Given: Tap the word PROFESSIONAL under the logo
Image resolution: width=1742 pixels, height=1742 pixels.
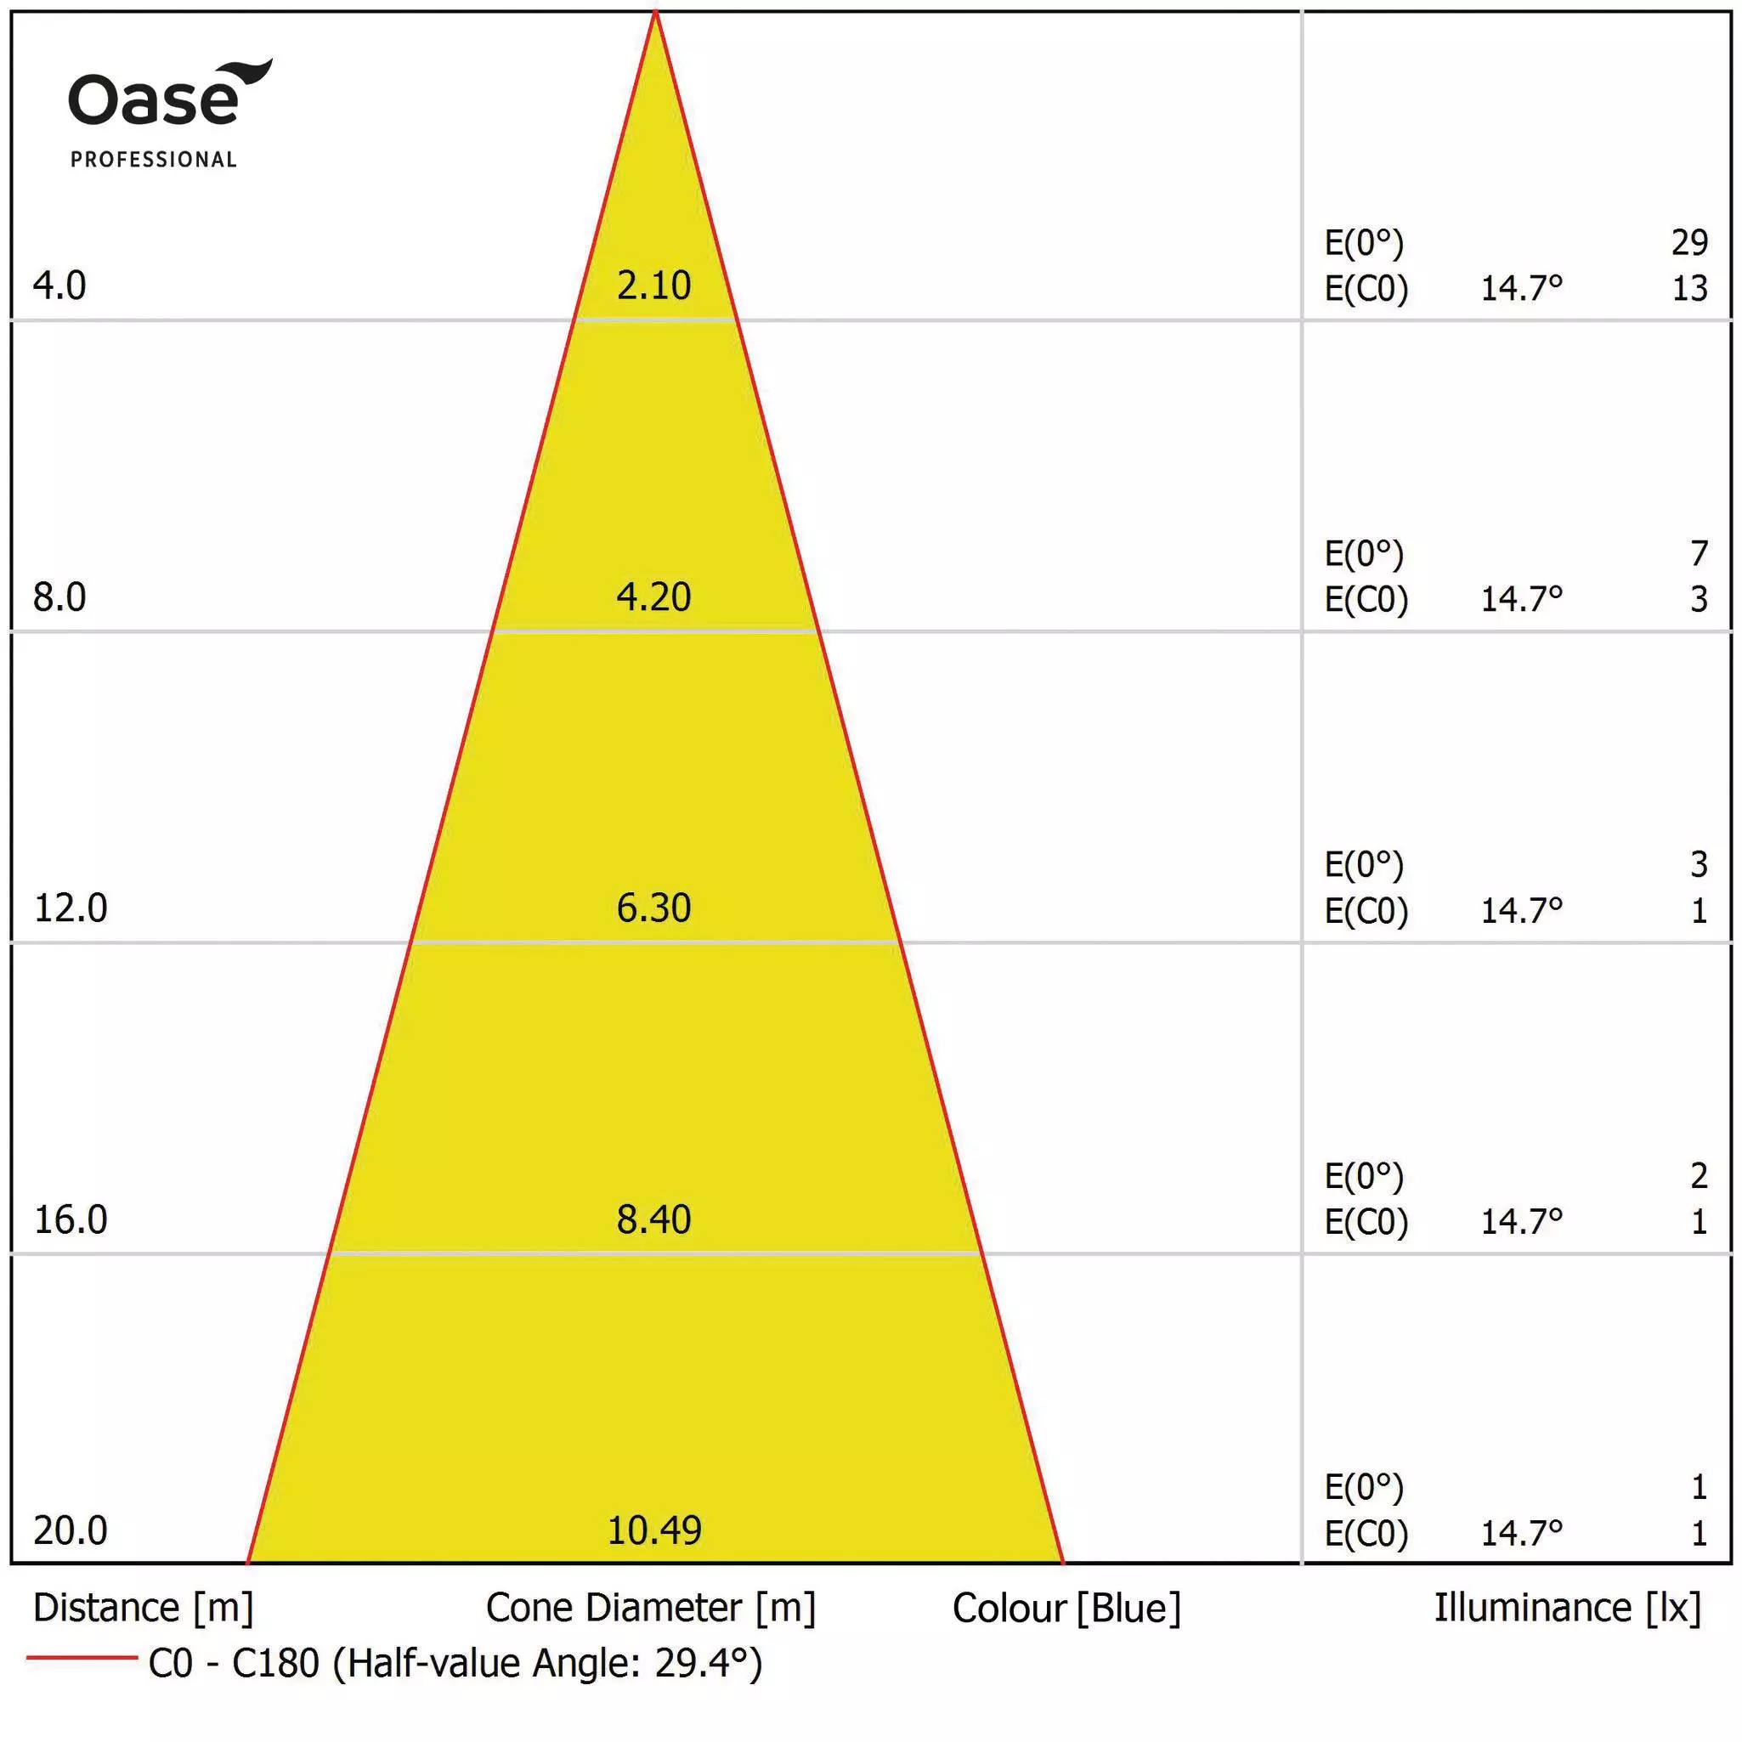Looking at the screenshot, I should tap(153, 160).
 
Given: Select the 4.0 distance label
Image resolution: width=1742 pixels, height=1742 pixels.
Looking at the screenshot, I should tap(59, 286).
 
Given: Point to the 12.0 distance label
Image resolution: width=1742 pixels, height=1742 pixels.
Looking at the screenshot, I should tap(71, 908).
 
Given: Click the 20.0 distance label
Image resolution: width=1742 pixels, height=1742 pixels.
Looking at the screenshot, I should tap(71, 1530).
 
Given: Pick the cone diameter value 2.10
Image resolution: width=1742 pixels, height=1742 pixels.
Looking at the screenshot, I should tap(653, 286).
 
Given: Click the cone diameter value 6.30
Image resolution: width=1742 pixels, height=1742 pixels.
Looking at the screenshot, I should tap(653, 908).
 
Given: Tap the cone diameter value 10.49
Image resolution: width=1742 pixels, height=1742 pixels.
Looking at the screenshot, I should tap(653, 1530).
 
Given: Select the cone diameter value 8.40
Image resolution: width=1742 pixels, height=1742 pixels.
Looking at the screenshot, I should tap(653, 1219).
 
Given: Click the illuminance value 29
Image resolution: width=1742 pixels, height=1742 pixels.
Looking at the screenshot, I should tap(1688, 242).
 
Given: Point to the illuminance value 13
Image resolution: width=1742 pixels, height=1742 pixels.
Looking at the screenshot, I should tap(1688, 289).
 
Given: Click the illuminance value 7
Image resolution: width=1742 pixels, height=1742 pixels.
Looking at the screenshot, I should tap(1699, 552).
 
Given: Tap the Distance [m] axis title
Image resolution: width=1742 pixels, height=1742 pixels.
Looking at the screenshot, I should tap(144, 1608).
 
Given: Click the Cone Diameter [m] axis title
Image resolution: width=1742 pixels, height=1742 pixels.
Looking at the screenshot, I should tap(650, 1608).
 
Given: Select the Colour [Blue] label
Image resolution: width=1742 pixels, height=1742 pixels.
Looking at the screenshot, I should tap(1066, 1609).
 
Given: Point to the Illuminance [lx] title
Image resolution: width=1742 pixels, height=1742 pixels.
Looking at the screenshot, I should tap(1567, 1608).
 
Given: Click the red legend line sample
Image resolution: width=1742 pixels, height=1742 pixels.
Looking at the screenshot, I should tap(81, 1657).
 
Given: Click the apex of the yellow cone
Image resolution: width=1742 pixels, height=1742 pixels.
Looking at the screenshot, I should tap(655, 13).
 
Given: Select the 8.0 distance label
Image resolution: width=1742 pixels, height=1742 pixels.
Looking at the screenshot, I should tap(59, 597).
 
